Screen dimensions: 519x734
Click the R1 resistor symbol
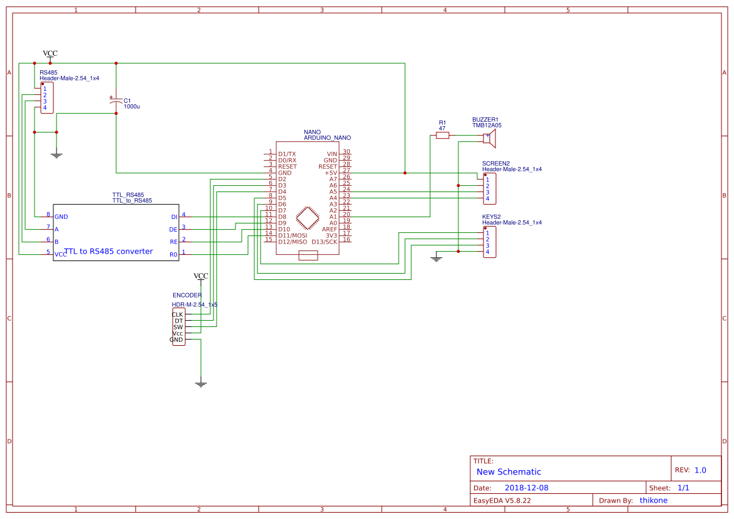click(443, 135)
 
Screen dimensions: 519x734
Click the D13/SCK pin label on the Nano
click(324, 242)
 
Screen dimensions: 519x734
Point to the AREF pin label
click(329, 229)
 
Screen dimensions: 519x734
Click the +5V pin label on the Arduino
click(330, 173)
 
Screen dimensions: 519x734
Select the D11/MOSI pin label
click(293, 235)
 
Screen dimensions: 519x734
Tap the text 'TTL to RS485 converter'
click(108, 251)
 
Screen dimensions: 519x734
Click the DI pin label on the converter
click(174, 217)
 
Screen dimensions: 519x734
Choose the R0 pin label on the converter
click(173, 254)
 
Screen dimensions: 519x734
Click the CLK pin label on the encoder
click(178, 314)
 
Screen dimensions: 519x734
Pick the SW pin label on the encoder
click(178, 327)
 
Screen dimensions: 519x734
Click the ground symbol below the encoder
click(200, 383)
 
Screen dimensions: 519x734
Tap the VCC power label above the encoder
click(200, 276)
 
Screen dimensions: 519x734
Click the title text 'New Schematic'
click(509, 472)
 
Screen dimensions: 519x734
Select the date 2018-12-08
click(526, 488)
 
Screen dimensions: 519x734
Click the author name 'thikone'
click(653, 500)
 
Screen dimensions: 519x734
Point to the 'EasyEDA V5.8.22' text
click(502, 500)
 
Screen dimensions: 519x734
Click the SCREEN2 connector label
click(495, 163)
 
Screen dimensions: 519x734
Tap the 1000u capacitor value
click(131, 107)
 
